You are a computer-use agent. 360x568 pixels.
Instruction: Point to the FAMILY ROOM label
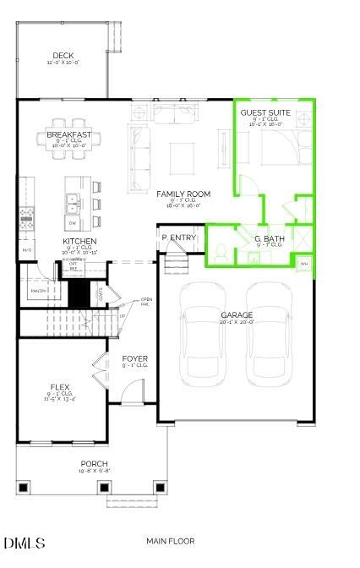point(183,194)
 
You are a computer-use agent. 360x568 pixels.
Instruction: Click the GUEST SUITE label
point(266,112)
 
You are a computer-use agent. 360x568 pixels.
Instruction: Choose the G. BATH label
point(270,239)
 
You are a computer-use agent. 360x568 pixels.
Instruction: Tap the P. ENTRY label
point(178,238)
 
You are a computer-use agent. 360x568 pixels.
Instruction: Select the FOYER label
point(134,359)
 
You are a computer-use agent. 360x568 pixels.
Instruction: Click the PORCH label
point(94,463)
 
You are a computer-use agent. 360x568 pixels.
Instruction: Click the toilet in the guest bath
point(219,251)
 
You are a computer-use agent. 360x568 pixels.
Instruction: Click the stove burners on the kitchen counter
point(26,217)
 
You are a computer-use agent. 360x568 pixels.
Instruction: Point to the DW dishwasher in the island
point(74,223)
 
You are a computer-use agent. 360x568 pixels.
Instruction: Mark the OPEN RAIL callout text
point(146,302)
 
